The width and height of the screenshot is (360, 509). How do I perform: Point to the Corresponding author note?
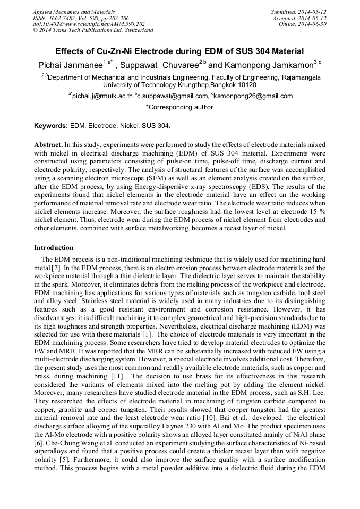tap(179, 107)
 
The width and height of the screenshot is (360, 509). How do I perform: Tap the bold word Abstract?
tap(48, 144)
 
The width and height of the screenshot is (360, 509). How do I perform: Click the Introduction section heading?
tap(54, 248)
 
